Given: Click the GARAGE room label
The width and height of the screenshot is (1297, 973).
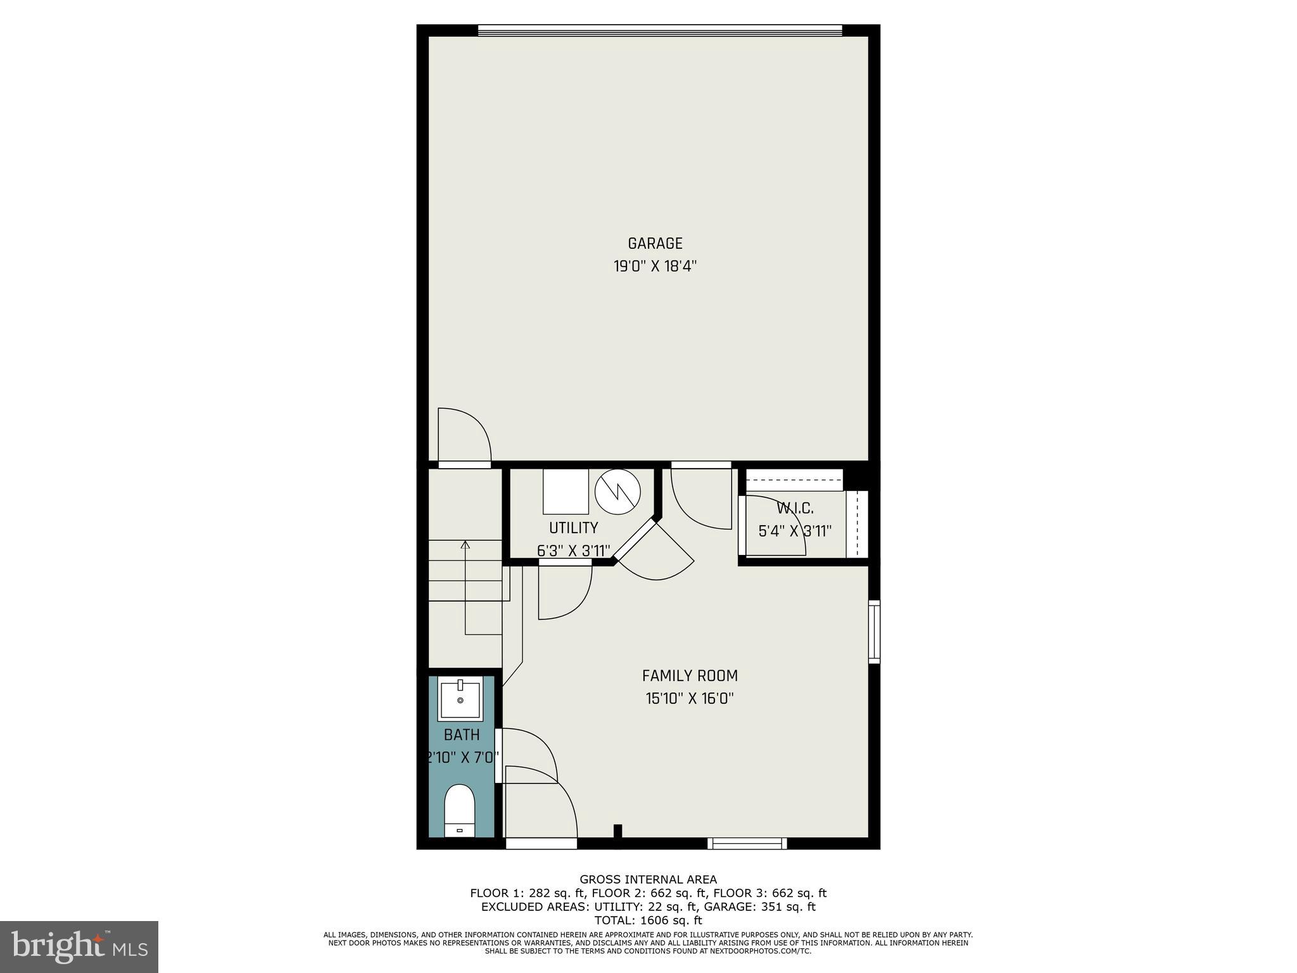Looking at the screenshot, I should [x=655, y=243].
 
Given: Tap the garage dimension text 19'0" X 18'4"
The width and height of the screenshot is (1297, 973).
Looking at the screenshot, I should [x=655, y=266].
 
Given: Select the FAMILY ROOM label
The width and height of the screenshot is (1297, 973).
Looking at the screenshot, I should [x=690, y=676].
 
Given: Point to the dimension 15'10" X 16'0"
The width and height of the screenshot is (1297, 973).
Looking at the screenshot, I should [x=690, y=699].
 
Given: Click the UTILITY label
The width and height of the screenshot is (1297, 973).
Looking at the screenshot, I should [x=573, y=528].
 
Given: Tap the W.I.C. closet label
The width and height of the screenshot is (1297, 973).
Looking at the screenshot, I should [x=795, y=508].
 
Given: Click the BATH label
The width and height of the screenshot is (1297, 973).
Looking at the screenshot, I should [x=461, y=735].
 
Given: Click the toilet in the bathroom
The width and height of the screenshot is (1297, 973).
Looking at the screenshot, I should [x=460, y=810].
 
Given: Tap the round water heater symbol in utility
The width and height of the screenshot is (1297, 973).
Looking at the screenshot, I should [x=617, y=492].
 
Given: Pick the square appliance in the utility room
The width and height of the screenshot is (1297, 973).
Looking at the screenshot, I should [x=566, y=492].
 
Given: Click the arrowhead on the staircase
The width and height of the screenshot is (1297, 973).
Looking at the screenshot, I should [x=465, y=544].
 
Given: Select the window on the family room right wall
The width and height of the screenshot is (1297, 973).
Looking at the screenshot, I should [x=874, y=631].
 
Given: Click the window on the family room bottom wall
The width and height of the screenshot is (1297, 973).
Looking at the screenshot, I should [x=747, y=843].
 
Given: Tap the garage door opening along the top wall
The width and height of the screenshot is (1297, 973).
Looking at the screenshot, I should [x=660, y=30].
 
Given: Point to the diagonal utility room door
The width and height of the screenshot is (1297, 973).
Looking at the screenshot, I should [x=636, y=539].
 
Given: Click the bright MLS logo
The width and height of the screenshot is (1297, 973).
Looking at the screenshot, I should [x=79, y=946].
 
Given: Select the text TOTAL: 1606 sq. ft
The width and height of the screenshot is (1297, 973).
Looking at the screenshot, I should [x=648, y=920].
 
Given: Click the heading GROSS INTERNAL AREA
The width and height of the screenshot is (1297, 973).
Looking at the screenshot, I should [x=648, y=879].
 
